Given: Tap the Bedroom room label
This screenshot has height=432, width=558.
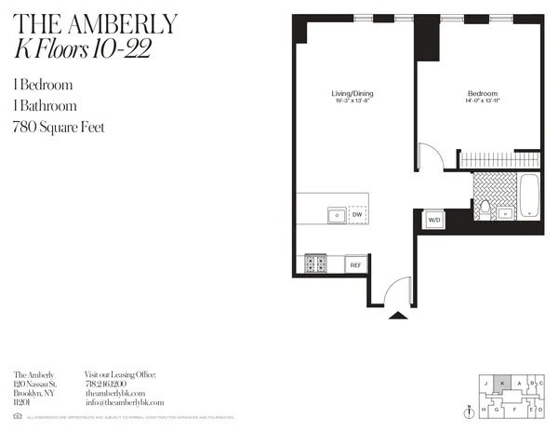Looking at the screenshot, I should pos(482,94).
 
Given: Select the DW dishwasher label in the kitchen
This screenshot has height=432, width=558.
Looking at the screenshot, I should pos(357,216).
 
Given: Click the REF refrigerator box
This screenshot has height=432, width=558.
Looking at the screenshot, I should pos(354,265).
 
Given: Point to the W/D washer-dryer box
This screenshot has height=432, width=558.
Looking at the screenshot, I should pos(433,221).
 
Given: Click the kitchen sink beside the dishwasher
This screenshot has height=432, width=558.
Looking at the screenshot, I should pos(337,216).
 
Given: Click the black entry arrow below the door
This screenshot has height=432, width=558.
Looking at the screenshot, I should pos(397,316).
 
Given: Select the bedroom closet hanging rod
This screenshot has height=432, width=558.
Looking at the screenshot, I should pos(500,158).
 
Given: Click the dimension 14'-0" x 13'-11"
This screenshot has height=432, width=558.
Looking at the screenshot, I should pos(482,102).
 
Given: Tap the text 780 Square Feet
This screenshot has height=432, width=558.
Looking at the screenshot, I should pos(58,127).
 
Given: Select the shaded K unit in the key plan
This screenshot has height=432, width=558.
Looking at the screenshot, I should pos(503,382).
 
